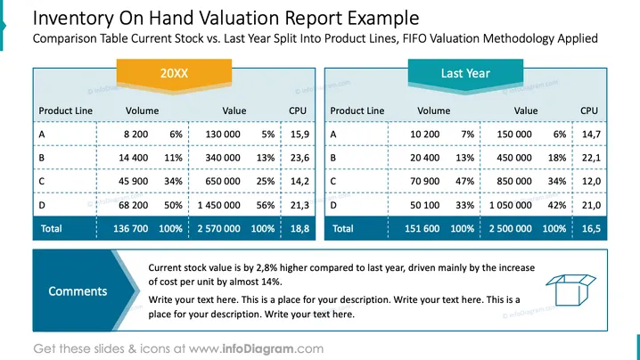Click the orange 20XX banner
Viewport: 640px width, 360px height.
coord(175,74)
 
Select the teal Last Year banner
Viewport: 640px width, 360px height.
coord(465,74)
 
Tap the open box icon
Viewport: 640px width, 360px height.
coord(570,290)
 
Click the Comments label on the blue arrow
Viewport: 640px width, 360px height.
coord(78,291)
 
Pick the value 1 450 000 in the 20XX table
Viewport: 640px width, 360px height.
coord(218,205)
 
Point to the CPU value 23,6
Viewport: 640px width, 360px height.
coord(299,158)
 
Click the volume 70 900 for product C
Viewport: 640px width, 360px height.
coord(424,181)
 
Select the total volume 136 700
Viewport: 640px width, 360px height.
coord(131,229)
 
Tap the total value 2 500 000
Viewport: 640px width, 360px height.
coord(510,229)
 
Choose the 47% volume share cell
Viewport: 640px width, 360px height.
coord(465,181)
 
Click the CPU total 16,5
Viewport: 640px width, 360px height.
coord(591,229)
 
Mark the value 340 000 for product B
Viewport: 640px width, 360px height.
coord(223,158)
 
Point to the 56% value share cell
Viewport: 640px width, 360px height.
coord(266,205)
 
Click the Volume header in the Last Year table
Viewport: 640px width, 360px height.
coord(433,110)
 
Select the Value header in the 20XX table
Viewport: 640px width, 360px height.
coord(234,110)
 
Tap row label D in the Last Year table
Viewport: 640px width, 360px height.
coord(333,205)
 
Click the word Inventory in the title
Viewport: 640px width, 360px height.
coord(73,19)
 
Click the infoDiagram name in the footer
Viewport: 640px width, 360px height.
coord(258,349)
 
